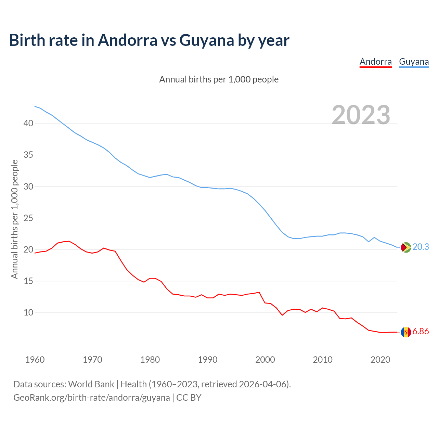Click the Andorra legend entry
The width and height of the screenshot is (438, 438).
(x=375, y=62)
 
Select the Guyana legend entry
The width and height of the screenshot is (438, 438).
(x=414, y=62)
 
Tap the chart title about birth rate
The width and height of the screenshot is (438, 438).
(x=149, y=40)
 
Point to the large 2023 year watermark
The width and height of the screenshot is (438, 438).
(x=361, y=115)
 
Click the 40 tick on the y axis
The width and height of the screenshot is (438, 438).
(x=28, y=123)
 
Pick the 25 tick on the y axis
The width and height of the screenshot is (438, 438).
(x=28, y=218)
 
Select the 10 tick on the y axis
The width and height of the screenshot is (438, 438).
(x=28, y=312)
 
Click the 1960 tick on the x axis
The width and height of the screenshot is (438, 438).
(x=35, y=360)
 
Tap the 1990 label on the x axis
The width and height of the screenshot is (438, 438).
(x=208, y=360)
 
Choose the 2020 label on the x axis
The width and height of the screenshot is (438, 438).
(x=380, y=360)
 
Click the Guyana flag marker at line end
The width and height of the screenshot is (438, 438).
(x=406, y=247)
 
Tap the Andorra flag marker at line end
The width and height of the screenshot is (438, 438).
(x=406, y=332)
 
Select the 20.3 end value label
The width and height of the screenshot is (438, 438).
(x=421, y=247)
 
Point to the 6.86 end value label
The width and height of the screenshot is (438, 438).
(x=421, y=332)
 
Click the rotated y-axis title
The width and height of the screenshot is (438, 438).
(x=14, y=219)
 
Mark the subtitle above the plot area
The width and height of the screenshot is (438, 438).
(x=219, y=79)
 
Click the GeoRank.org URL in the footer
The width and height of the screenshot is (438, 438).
(x=92, y=398)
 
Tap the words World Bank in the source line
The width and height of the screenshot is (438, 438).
(x=91, y=384)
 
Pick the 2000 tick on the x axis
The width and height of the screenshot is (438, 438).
(x=265, y=360)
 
